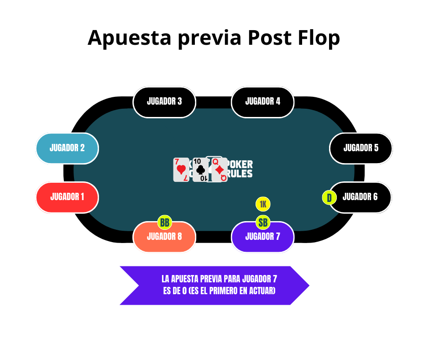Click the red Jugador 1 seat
[x=67, y=197]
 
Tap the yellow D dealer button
[x=329, y=198]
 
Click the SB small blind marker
[x=263, y=222]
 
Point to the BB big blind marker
[x=165, y=222]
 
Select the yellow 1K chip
[x=263, y=204]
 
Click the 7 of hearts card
[x=181, y=170]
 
